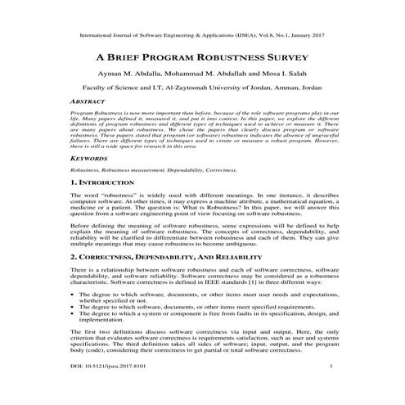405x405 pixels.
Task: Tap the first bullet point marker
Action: coord(74,293)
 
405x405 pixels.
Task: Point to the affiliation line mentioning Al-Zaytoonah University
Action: coord(202,87)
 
